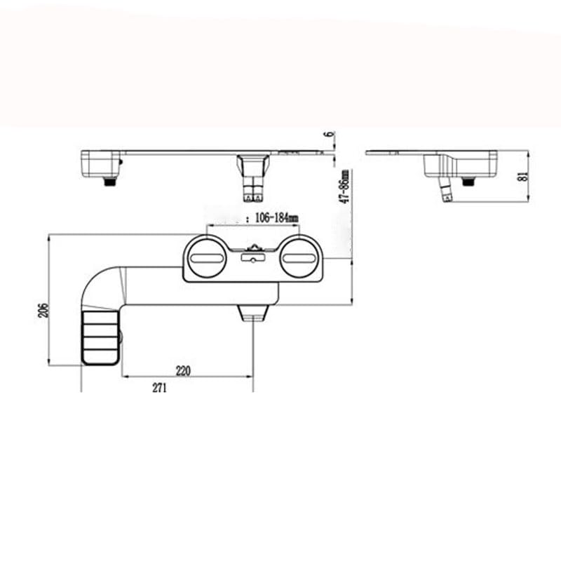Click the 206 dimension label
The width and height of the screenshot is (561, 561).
tap(43, 311)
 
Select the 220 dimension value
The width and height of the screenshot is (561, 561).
tap(183, 371)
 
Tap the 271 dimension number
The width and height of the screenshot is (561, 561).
tap(160, 390)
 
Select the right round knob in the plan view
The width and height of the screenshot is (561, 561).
tap(301, 258)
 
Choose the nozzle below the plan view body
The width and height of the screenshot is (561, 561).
tap(253, 313)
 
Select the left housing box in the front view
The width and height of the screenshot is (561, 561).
tap(100, 164)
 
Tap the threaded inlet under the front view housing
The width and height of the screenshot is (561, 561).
tap(109, 181)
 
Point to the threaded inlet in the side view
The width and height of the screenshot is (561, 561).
tap(468, 181)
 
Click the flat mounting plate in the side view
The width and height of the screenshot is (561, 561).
tap(400, 152)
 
